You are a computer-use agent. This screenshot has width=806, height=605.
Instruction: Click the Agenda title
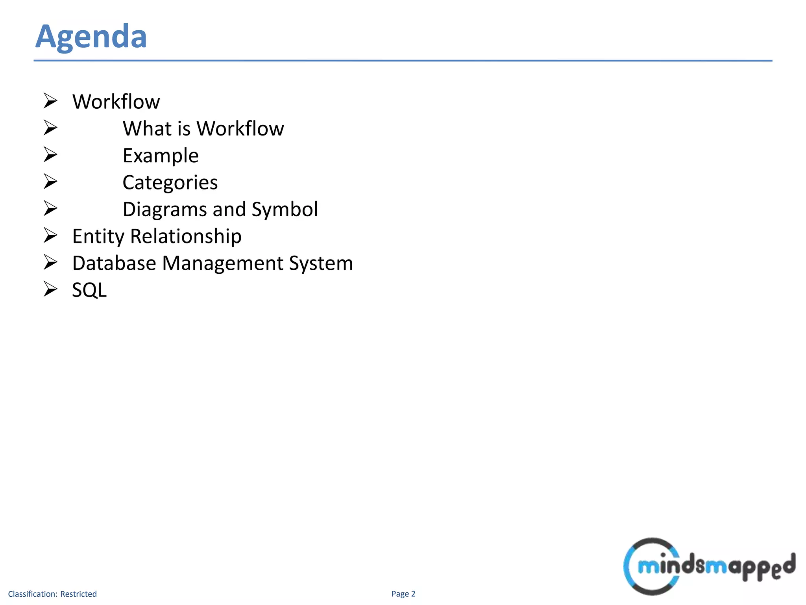pos(91,37)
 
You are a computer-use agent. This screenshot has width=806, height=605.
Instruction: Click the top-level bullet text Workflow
pos(116,102)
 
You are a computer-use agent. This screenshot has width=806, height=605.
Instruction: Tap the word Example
pos(161,156)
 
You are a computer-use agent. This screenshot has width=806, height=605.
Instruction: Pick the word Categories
pos(170,182)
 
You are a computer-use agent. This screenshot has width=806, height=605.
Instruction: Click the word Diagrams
pos(165,209)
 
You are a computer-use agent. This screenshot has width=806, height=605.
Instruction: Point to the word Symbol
pos(285,209)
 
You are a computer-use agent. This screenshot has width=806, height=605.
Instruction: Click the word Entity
pos(98,236)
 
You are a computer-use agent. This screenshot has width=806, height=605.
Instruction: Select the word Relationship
pos(186,236)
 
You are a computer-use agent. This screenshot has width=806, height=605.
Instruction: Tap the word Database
pos(114,263)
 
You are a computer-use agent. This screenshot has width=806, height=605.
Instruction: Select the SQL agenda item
pos(89,290)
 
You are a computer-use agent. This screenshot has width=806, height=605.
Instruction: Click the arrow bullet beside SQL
pos(50,289)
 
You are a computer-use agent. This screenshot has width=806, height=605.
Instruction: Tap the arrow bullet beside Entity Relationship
pos(50,235)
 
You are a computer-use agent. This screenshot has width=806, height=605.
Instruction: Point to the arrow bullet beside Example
pos(50,154)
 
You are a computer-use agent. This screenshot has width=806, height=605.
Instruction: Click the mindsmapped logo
pos(708,566)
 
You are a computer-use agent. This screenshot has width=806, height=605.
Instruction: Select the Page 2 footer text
pos(403,594)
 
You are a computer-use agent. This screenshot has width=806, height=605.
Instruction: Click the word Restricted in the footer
pos(78,594)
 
